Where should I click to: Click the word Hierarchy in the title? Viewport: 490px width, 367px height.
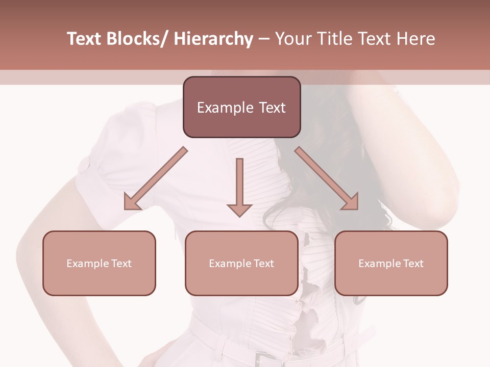[213, 39]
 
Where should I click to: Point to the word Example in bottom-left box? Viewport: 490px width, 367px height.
[87, 264]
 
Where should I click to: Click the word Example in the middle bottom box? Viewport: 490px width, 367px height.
[230, 264]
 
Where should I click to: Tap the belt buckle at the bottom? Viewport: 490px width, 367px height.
[263, 359]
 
